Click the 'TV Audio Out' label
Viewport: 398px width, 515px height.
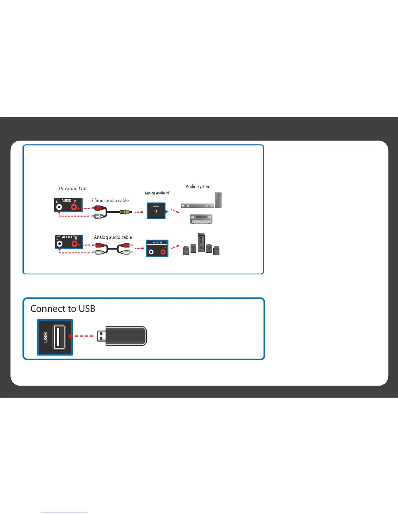pos(73,189)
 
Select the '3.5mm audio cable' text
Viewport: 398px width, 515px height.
pos(110,200)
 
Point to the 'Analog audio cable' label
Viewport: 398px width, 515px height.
pos(113,237)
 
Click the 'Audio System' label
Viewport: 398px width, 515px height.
pos(198,187)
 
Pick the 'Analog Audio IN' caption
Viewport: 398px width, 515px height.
pos(157,193)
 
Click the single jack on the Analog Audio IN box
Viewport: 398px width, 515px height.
pos(156,211)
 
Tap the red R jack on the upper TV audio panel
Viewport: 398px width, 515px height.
pos(74,207)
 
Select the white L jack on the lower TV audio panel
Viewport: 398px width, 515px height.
pos(60,244)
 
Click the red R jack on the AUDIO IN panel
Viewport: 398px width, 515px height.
pos(163,252)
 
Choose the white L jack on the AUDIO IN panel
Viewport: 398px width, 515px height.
pos(151,252)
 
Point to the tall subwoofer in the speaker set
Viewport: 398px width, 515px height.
pos(201,242)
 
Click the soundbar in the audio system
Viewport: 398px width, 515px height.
pos(197,205)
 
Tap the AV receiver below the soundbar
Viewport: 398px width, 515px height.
pos(201,219)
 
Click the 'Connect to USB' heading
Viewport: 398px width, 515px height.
pos(63,309)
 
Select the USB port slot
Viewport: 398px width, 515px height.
pos(59,337)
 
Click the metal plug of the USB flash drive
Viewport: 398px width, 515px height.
pos(101,336)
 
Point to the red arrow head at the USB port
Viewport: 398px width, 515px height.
pos(70,336)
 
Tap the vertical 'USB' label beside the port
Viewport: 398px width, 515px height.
pos(46,337)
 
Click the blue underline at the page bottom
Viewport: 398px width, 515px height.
pos(64,512)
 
